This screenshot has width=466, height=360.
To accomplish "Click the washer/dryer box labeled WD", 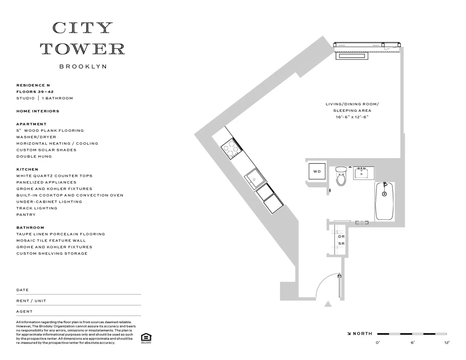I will [x=317, y=171].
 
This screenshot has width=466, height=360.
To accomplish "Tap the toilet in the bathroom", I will [x=341, y=177].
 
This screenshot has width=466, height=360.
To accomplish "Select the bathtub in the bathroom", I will [x=384, y=201].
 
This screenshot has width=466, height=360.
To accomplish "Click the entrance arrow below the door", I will [x=328, y=304].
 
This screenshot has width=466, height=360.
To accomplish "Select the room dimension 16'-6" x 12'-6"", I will [x=352, y=117].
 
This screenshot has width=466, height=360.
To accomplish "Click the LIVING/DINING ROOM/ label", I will [x=352, y=104].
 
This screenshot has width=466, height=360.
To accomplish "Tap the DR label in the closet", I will [x=341, y=237].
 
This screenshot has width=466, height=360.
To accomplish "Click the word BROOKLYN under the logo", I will [x=83, y=67].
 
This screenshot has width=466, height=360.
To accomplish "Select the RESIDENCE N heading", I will [x=33, y=85].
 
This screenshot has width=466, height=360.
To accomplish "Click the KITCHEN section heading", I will [x=27, y=169].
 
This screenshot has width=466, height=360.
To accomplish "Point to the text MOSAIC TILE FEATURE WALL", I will [x=51, y=241].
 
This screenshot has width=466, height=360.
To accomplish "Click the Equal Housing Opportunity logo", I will [x=146, y=338].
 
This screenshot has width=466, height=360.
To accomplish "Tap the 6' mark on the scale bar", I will [x=412, y=342].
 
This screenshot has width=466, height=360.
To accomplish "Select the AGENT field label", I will [x=24, y=312].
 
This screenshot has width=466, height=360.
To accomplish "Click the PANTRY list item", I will [x=26, y=215].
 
